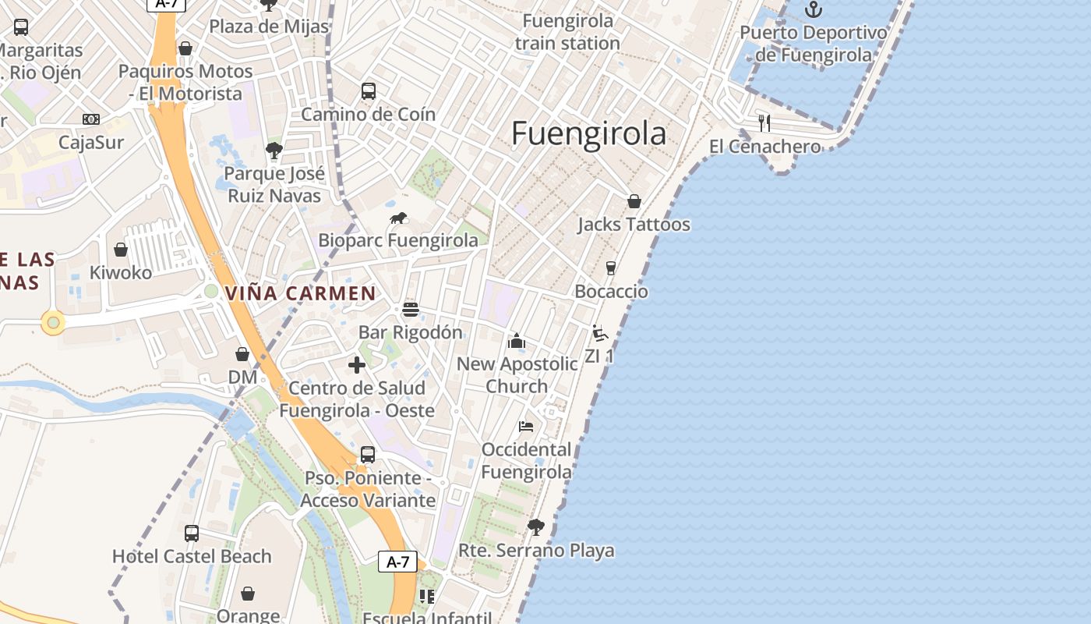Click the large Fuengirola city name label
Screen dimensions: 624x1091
pyautogui.click(x=588, y=134)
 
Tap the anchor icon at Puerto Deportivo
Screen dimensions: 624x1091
pyautogui.click(x=814, y=10)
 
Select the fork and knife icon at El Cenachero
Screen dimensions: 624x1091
pyautogui.click(x=764, y=122)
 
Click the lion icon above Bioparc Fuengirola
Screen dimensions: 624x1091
pyautogui.click(x=398, y=218)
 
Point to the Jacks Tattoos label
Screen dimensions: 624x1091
pyautogui.click(x=634, y=225)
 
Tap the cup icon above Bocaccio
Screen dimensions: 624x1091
pyautogui.click(x=611, y=268)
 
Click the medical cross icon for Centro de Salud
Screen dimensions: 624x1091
pyautogui.click(x=357, y=365)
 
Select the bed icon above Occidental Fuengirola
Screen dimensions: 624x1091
pyautogui.click(x=526, y=427)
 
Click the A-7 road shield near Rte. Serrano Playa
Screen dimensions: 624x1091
pyautogui.click(x=397, y=562)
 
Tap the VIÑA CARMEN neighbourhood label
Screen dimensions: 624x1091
pyautogui.click(x=300, y=294)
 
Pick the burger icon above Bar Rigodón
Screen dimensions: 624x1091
pyautogui.click(x=411, y=310)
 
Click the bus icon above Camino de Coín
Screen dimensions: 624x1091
pyautogui.click(x=369, y=91)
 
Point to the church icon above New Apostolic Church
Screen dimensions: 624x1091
pyautogui.click(x=516, y=342)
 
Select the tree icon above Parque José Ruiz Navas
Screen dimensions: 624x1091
pyautogui.click(x=274, y=151)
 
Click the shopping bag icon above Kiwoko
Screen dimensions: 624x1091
pyautogui.click(x=121, y=250)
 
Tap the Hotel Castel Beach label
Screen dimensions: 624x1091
pyautogui.click(x=192, y=556)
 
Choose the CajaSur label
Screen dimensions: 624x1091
pyautogui.click(x=91, y=143)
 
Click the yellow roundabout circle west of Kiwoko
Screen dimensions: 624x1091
pyautogui.click(x=53, y=322)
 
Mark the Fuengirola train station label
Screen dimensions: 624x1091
pyautogui.click(x=567, y=32)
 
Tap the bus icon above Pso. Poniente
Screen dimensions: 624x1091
pyautogui.click(x=368, y=455)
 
